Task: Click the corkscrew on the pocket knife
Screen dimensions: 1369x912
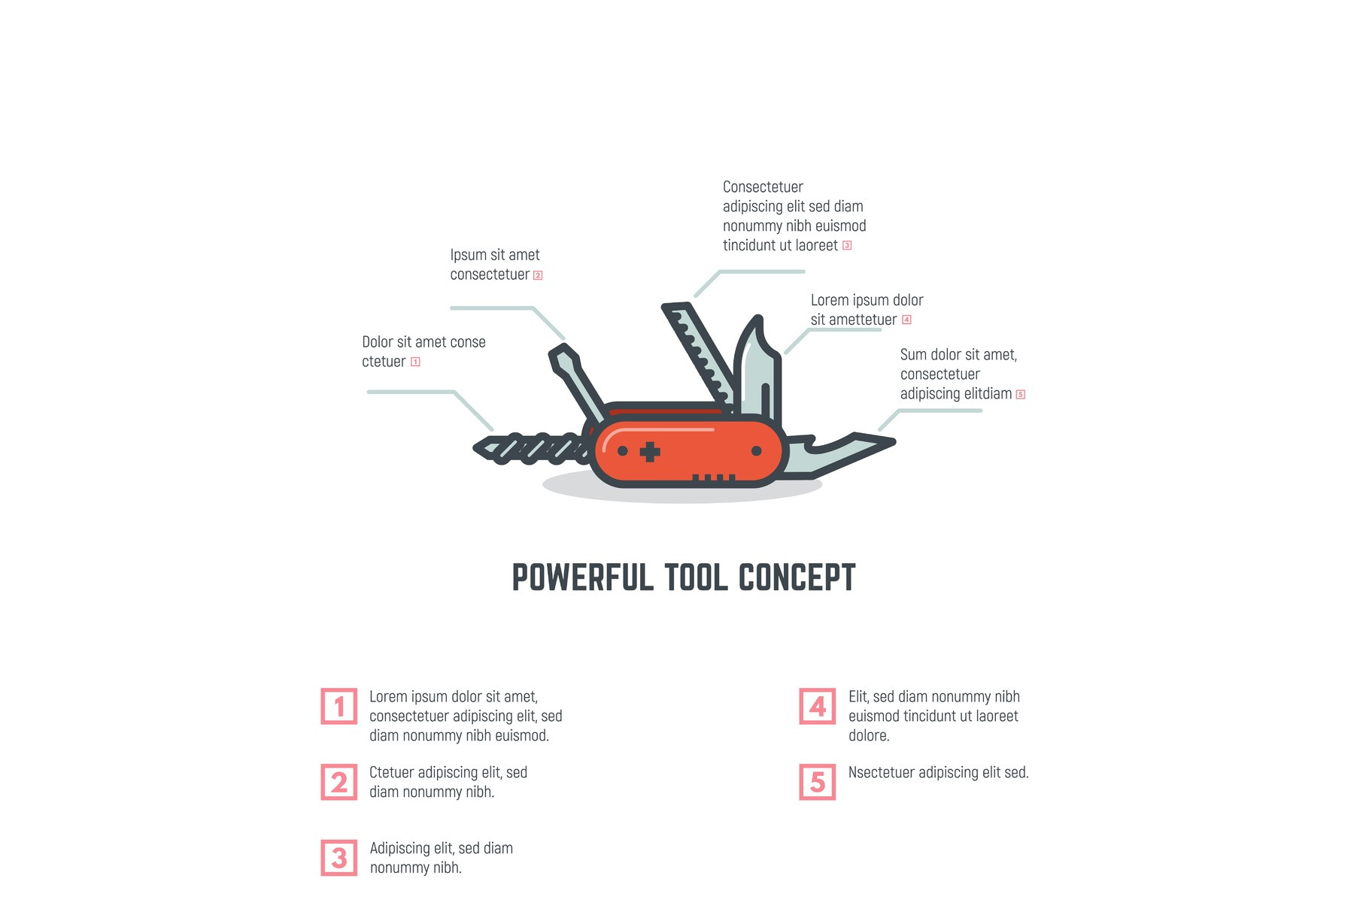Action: (x=530, y=449)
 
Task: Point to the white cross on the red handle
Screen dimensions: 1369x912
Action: (x=650, y=452)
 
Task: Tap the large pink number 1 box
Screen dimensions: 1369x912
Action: (x=339, y=706)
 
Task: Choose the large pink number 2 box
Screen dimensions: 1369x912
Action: (x=339, y=782)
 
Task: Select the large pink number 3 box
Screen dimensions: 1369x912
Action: (x=339, y=858)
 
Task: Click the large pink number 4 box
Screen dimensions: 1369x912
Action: (x=818, y=706)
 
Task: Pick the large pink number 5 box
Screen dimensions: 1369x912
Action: (x=818, y=782)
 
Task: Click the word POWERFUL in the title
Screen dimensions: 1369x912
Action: (x=583, y=577)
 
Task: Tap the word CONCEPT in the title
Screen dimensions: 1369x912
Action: (x=797, y=577)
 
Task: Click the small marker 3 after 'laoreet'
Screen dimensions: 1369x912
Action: (x=847, y=245)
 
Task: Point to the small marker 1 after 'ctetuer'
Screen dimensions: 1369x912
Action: (x=415, y=362)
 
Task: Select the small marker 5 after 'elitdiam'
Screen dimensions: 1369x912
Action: (x=1021, y=394)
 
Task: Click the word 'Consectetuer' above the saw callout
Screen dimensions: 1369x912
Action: (x=763, y=186)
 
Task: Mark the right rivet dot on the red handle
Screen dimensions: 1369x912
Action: (x=757, y=451)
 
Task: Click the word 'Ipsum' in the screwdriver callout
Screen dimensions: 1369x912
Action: (x=468, y=256)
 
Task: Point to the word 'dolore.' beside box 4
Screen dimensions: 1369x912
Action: (x=869, y=735)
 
